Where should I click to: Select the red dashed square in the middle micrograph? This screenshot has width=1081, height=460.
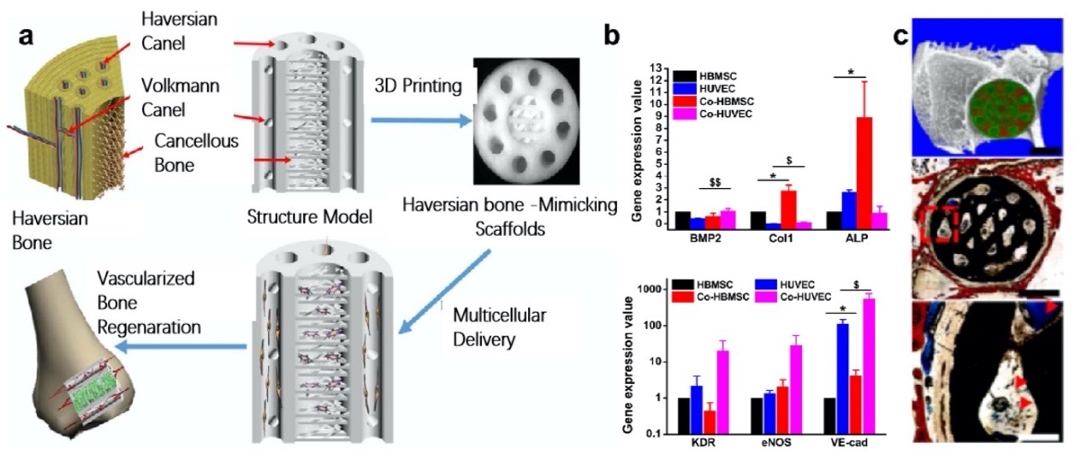point(935,221)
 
